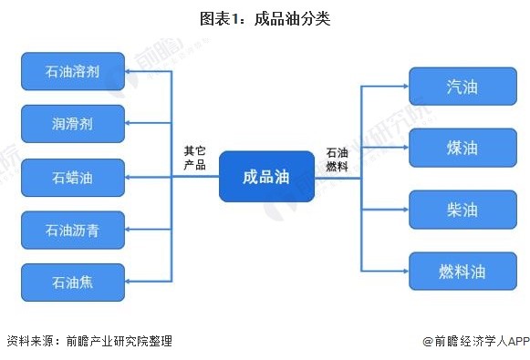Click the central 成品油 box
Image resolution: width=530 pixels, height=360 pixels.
point(266,176)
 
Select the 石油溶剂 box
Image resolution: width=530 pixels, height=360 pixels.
point(72,71)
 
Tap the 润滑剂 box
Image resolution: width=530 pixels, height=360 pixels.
point(72,123)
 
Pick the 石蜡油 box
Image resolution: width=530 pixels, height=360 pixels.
point(72,177)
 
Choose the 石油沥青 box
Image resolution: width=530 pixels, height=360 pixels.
point(72,230)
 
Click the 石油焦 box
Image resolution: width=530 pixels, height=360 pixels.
point(72,282)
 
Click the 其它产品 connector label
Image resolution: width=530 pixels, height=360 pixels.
point(194,159)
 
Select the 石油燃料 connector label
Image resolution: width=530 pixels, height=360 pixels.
point(338,159)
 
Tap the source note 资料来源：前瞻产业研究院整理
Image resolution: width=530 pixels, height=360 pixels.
point(88,342)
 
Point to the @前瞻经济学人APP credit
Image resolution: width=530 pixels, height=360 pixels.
point(475,342)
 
